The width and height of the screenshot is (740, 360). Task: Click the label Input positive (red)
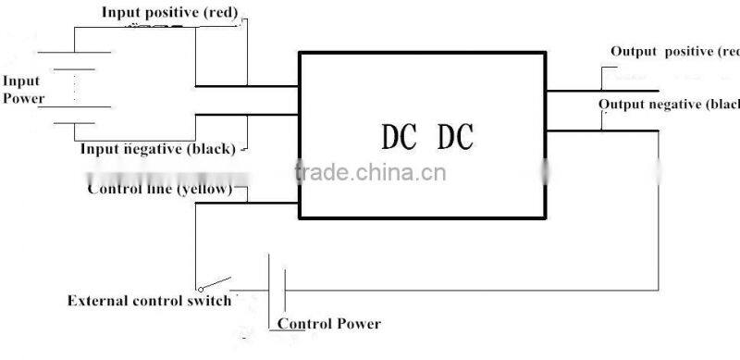[170, 12]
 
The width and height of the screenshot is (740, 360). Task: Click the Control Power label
[328, 324]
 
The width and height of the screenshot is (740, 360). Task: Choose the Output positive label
[674, 52]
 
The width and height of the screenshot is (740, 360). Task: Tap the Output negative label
[669, 104]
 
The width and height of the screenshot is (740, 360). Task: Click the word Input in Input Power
[20, 81]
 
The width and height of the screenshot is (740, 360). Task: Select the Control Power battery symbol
[275, 287]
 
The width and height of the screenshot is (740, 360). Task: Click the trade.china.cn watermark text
[369, 171]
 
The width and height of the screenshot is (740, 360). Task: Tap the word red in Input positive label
[222, 12]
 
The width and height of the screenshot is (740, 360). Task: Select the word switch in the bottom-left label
[211, 302]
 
